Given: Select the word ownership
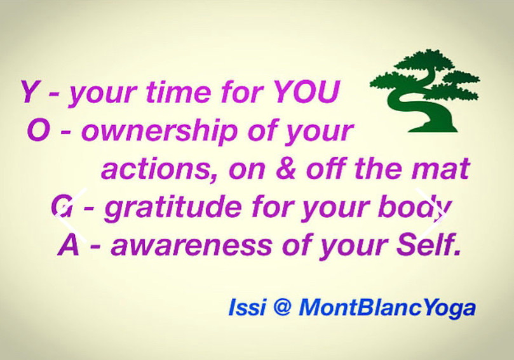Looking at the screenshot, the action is [x=159, y=131].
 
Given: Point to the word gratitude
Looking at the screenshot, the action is [x=173, y=208].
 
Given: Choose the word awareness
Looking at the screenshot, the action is [x=191, y=246].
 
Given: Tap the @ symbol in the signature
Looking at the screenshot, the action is [x=281, y=307].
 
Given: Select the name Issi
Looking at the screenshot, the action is [x=247, y=307].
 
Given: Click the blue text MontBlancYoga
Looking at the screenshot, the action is [x=387, y=308].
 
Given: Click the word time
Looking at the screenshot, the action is [x=179, y=91].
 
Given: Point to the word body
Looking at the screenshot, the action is [x=415, y=208].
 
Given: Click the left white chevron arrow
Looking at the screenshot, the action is [x=71, y=215].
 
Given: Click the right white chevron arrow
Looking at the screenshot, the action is [x=431, y=215].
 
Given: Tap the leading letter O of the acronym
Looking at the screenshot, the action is [x=39, y=130].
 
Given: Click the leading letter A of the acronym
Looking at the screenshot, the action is [x=69, y=246].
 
